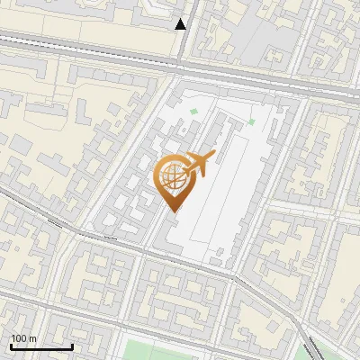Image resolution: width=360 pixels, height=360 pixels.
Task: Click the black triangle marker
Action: click(181, 24)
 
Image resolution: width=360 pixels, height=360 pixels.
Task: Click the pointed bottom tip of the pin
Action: click(174, 211)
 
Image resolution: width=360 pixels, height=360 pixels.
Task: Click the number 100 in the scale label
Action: click(19, 338)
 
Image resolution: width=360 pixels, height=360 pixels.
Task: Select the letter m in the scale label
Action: click(32, 338)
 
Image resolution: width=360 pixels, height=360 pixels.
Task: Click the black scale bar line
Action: click(41, 346)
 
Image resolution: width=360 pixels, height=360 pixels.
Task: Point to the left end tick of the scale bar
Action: click(11, 345)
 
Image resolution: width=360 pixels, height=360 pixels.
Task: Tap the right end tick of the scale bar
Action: click(72, 345)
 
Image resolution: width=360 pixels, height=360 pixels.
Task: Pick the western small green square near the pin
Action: click(193, 112)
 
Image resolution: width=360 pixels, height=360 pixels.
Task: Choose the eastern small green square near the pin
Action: click(252, 121)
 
